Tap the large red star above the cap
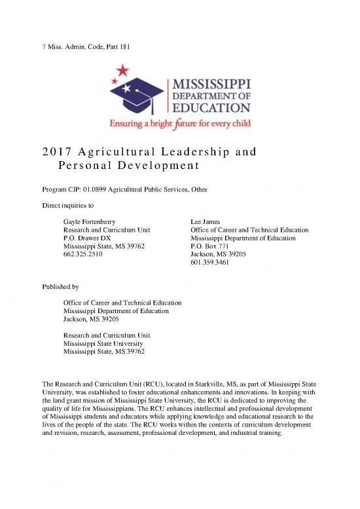pos(122,70)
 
